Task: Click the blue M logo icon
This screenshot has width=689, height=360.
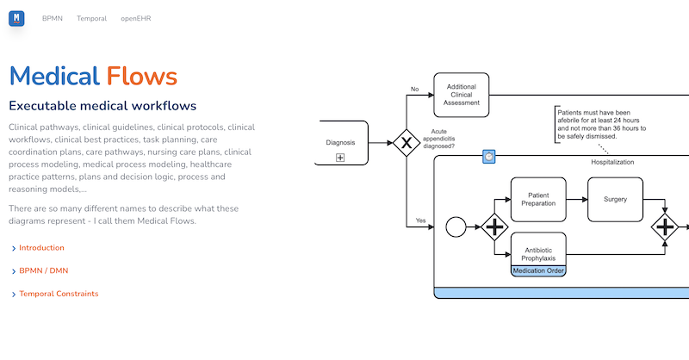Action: pyautogui.click(x=16, y=17)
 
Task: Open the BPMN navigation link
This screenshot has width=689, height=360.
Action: pyautogui.click(x=53, y=18)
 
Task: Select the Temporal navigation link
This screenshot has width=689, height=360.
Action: pyautogui.click(x=91, y=18)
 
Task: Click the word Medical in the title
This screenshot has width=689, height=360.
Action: pyautogui.click(x=54, y=76)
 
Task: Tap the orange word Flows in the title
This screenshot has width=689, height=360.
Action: pyautogui.click(x=142, y=76)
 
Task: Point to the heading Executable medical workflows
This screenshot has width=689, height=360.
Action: pyautogui.click(x=102, y=106)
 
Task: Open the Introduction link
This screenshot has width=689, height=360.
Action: pyautogui.click(x=41, y=248)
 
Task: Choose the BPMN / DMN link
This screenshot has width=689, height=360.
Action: pyautogui.click(x=43, y=270)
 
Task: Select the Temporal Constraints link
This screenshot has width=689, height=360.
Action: pyautogui.click(x=59, y=294)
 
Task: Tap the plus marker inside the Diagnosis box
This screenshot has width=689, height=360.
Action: pyautogui.click(x=340, y=158)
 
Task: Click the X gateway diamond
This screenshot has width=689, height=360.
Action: pyautogui.click(x=406, y=142)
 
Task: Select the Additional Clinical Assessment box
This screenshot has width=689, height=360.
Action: pyautogui.click(x=461, y=95)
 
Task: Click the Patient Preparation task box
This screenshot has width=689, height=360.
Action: pyautogui.click(x=538, y=199)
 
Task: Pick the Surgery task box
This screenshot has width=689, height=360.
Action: pyautogui.click(x=615, y=199)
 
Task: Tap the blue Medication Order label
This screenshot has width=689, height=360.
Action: pyautogui.click(x=538, y=270)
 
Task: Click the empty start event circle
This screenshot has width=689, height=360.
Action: pyautogui.click(x=456, y=227)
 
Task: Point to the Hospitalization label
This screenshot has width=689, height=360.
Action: pyautogui.click(x=611, y=162)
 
